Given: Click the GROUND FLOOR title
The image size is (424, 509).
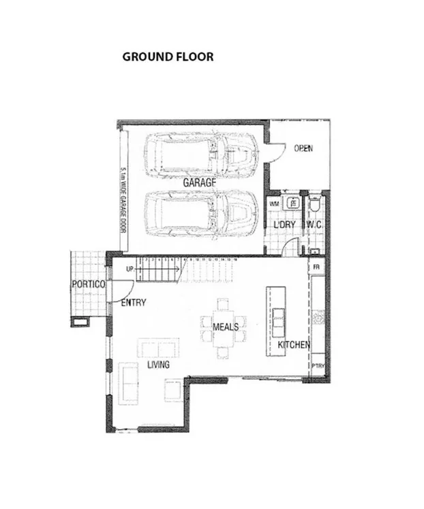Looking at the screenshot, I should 168,56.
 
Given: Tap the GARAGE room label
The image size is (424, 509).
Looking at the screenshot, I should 199,183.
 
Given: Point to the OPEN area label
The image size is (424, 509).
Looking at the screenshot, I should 303,148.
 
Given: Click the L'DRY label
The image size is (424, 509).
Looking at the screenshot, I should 284,225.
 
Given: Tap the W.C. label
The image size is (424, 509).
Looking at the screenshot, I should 314,225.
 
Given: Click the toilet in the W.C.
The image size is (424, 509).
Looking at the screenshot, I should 314,205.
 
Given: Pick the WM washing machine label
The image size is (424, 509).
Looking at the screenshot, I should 274,203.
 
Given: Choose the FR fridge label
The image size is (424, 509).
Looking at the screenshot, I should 316,267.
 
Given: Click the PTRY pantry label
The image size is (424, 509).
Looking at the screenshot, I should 318,366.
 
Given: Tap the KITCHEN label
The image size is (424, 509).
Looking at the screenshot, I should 294,345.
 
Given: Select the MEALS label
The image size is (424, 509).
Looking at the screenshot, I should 226,327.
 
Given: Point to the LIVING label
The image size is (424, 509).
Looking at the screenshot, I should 158,365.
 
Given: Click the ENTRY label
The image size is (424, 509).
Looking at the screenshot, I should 133,303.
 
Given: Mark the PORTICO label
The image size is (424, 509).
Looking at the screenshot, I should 89,284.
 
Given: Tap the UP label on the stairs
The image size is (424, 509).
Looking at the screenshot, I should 130,269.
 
